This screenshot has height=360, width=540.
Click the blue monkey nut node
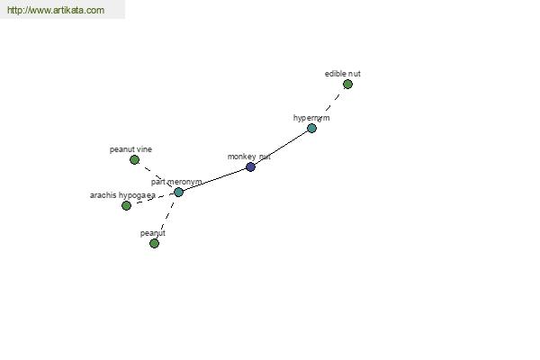pos(251,167)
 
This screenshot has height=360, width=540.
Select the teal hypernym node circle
pos(311,128)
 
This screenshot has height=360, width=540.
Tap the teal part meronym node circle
pos(178,193)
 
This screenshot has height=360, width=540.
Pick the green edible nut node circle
pos(347,84)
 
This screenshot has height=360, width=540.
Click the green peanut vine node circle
pos(135,159)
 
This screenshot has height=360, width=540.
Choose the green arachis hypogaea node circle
pos(126,206)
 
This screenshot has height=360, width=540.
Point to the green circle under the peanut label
pos(154,244)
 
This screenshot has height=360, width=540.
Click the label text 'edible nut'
pos(343,74)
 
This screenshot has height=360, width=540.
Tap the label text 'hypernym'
pos(311,118)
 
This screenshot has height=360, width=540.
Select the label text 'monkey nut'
pos(249,157)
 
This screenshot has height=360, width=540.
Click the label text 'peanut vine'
pos(130,149)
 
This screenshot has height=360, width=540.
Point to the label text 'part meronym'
pos(176,182)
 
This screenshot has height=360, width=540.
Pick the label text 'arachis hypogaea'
pos(123,195)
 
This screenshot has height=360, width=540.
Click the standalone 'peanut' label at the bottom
pos(153,233)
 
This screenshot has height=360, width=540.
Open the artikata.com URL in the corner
pos(56,10)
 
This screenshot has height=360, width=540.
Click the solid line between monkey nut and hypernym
pos(281,147)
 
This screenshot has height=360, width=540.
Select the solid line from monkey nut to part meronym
pos(214,180)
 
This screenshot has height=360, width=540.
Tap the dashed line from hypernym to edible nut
pos(330,105)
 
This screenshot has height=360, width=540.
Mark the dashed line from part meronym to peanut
pos(166,217)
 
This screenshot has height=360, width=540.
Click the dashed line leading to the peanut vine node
pos(157,176)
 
